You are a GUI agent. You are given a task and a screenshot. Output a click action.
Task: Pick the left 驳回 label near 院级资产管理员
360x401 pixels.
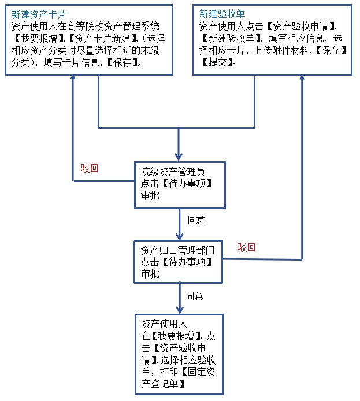tap(90, 169)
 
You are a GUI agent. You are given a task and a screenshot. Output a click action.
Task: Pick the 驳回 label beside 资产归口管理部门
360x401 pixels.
tap(247, 247)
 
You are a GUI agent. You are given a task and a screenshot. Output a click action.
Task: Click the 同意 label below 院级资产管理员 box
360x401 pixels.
tap(196, 220)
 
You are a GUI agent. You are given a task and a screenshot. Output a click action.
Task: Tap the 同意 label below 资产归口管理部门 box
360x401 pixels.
tap(195, 296)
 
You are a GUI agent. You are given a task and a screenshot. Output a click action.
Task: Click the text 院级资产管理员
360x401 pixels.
tap(173, 172)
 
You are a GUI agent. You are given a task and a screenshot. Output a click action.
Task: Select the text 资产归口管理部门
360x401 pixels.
tap(178, 250)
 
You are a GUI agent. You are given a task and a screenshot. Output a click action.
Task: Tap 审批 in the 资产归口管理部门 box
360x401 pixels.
tap(150, 274)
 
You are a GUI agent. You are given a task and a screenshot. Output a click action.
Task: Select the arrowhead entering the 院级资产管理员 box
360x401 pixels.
tap(179, 155)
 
